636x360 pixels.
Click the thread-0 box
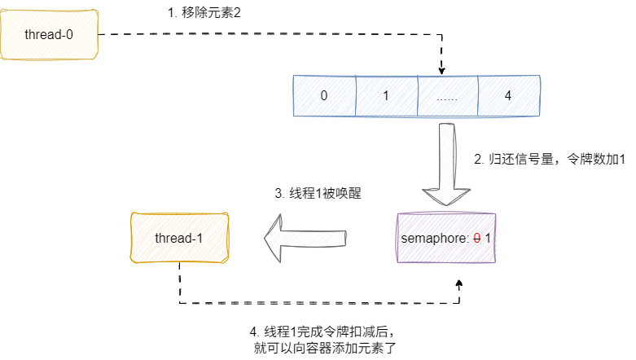click(x=48, y=35)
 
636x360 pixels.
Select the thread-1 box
click(x=179, y=237)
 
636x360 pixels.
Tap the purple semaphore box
click(x=446, y=238)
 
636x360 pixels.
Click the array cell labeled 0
click(x=324, y=95)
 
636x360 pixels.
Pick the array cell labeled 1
click(x=386, y=95)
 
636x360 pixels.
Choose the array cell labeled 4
click(x=508, y=95)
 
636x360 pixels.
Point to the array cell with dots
click(x=447, y=95)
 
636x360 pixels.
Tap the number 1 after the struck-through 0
click(x=489, y=238)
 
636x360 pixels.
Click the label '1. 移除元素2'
click(x=204, y=12)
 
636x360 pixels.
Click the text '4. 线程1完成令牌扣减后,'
click(x=326, y=333)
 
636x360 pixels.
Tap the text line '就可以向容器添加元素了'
click(x=326, y=349)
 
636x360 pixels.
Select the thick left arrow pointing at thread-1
click(x=305, y=238)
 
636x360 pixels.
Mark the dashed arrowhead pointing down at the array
click(x=441, y=68)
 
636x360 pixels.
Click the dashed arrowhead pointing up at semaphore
click(x=459, y=283)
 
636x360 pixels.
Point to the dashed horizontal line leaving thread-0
click(x=269, y=35)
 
